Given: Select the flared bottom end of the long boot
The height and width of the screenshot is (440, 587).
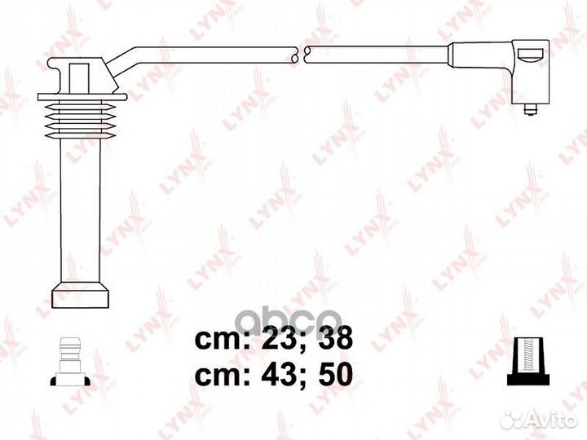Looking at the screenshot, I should [81, 294].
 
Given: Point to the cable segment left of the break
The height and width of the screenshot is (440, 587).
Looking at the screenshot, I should [204, 51].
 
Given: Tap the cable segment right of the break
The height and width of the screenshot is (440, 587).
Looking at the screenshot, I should [375, 54].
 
